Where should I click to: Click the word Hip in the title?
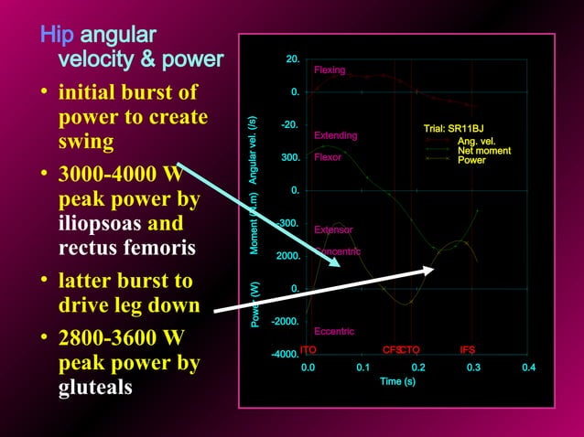pos(59,36)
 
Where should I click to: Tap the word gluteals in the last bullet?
pos(95,387)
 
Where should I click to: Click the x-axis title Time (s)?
pos(397,381)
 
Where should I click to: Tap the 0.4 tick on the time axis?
pos(527,368)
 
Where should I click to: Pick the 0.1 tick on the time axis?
pos(362,368)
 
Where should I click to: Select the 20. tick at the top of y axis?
pos(293,59)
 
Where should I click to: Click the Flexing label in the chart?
pos(330,70)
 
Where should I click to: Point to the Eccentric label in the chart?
pos(333,331)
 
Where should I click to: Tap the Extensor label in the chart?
pos(333,229)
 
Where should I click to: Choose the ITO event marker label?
pos(308,349)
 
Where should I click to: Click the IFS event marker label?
pos(467,349)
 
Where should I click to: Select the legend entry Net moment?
pos(484,151)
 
